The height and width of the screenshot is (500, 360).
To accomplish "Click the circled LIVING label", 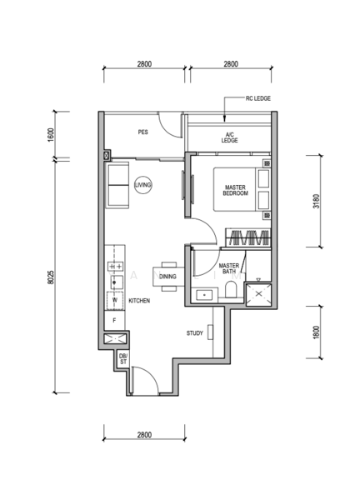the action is [142, 185].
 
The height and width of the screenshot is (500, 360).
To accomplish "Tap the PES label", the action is [142, 132].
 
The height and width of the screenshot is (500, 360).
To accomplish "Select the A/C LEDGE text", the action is [230, 137].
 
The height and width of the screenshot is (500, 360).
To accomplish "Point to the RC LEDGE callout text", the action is [258, 98].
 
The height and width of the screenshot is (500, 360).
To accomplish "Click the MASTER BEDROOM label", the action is [235, 190].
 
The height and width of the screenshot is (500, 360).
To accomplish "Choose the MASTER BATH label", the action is [229, 268].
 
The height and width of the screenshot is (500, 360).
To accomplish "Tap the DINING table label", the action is [167, 277].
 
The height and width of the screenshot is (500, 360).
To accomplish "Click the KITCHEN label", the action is [139, 301].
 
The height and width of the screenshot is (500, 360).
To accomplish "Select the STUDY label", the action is [194, 333].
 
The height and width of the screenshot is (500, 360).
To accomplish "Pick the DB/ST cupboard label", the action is [123, 359].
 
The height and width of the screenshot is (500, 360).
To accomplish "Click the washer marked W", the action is [115, 300].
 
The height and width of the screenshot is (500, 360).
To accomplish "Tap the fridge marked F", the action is [114, 320].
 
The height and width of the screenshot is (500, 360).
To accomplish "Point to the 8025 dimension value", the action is [50, 277].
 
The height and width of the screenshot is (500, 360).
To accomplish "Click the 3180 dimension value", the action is [316, 201].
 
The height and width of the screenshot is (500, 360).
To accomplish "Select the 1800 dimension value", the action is [316, 332].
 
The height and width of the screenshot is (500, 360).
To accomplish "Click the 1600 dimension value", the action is [51, 135].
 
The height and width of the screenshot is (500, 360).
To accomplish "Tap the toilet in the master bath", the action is [230, 289].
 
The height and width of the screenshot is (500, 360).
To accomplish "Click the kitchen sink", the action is [117, 282].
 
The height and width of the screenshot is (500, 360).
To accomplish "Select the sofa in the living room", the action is [117, 185].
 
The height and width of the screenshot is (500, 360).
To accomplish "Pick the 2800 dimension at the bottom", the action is [144, 435].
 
